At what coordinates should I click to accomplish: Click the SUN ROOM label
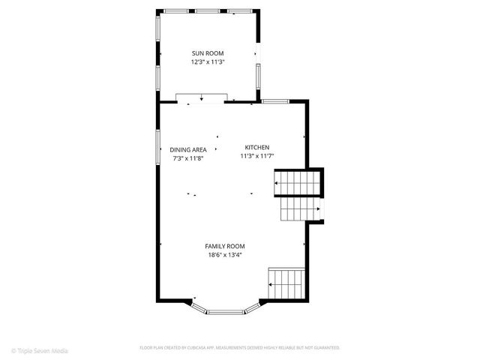(x=207, y=53)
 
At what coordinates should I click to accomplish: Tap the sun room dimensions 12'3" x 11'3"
(x=207, y=62)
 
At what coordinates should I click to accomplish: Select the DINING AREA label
(x=188, y=149)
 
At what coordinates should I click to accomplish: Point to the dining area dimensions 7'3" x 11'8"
(x=188, y=158)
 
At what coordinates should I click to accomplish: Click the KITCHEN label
(x=257, y=147)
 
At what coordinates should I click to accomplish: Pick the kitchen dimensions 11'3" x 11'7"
(x=257, y=156)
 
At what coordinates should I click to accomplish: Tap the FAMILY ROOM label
(x=225, y=246)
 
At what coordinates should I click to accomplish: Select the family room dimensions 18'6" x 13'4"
(x=225, y=255)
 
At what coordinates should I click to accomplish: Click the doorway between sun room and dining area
(x=201, y=97)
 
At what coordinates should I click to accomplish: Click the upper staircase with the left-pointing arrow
(x=298, y=182)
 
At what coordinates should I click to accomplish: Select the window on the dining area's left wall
(x=158, y=145)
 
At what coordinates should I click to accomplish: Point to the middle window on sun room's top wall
(x=207, y=11)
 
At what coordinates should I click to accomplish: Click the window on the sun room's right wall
(x=258, y=76)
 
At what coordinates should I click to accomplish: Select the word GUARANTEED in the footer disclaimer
(x=324, y=348)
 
